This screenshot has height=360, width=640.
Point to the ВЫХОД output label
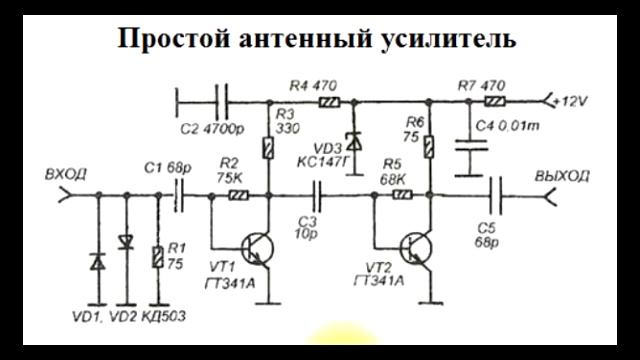pyautogui.click(x=563, y=175)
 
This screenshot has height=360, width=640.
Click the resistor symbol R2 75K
pyautogui.click(x=238, y=197)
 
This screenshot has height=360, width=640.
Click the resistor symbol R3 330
pyautogui.click(x=269, y=149)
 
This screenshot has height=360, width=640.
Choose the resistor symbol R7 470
pyautogui.click(x=493, y=101)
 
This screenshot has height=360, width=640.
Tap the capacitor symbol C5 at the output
pyautogui.click(x=497, y=197)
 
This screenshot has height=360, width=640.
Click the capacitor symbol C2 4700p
pyautogui.click(x=218, y=100)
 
